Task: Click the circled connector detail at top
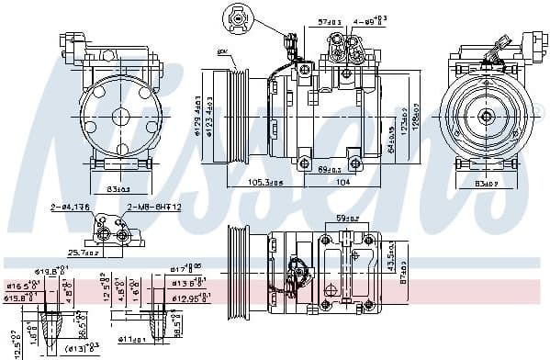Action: coord(237,18)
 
